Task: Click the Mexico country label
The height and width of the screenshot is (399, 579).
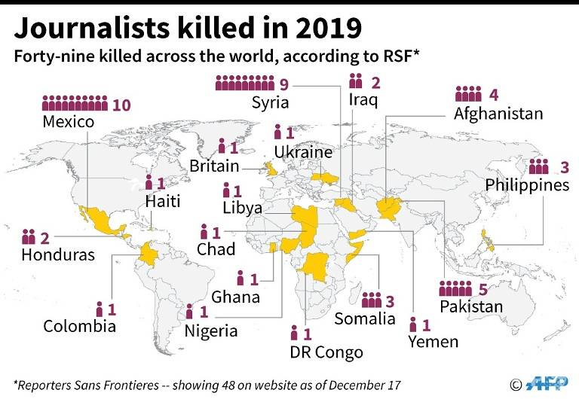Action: pos(69,122)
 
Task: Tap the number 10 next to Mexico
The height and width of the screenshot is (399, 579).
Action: pos(121,105)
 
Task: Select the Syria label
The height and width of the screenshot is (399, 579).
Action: pos(271,102)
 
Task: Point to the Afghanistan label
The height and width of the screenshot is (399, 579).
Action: pos(498,114)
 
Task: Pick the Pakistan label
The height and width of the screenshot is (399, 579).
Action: pos(471,306)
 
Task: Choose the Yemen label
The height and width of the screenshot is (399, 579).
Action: pos(433,342)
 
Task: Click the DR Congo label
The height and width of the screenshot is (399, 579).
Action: pos(326,352)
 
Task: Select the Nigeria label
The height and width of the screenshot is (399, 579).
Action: pos(211,330)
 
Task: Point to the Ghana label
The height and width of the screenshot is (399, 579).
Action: pos(235,297)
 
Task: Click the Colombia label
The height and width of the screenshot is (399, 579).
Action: pos(79,326)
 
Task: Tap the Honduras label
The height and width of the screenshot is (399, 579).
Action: pos(58,255)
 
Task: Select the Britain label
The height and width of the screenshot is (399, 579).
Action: pos(214,166)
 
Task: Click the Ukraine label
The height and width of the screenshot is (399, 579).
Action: pos(303,152)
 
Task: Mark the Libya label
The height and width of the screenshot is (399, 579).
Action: pos(242,209)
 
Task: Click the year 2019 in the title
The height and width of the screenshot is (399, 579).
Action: pos(321,28)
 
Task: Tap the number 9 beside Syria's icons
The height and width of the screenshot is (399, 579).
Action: pos(283,84)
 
